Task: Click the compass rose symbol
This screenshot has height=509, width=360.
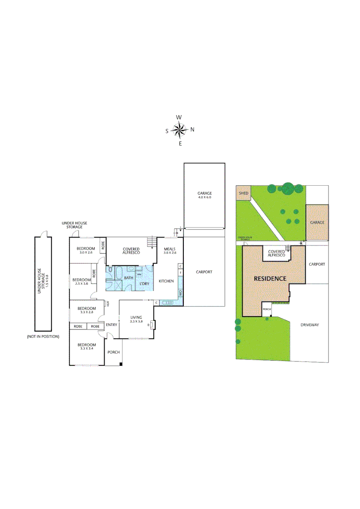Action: (180, 130)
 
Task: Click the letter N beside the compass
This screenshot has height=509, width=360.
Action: (192, 130)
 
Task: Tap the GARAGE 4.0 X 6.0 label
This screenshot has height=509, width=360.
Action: (204, 195)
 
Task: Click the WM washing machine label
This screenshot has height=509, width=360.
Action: (139, 274)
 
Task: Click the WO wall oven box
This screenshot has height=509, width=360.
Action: (180, 293)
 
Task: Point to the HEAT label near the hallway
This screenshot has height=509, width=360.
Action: (108, 304)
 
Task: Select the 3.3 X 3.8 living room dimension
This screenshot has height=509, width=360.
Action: (137, 321)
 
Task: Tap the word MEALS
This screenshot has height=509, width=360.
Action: (170, 248)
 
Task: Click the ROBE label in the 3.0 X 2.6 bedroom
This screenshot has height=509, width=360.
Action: (103, 246)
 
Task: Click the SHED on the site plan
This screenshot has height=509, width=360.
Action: (243, 193)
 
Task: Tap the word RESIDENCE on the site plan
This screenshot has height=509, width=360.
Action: (270, 279)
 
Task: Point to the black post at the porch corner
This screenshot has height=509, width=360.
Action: (121, 364)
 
